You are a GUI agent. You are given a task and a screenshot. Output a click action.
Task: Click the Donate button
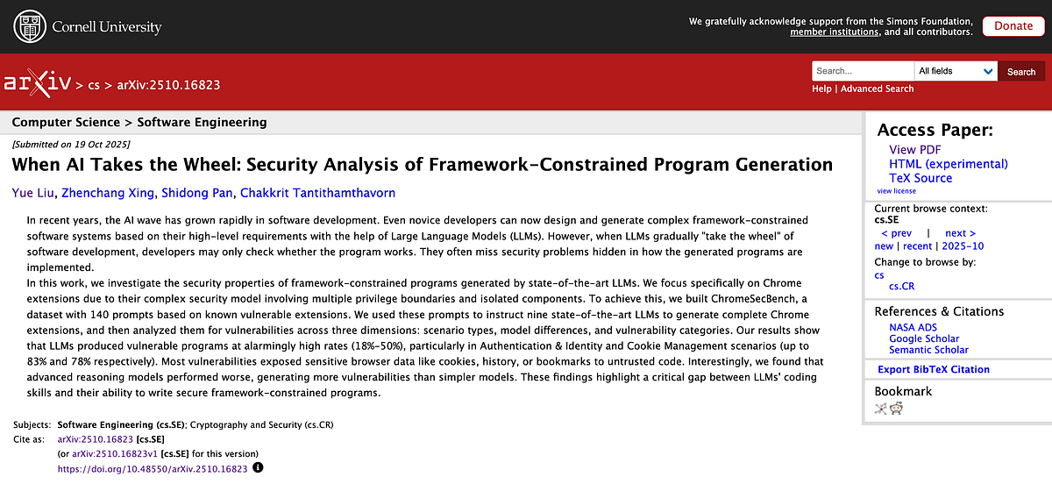coord(1013,26)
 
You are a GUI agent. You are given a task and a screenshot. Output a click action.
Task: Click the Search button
coord(1021,72)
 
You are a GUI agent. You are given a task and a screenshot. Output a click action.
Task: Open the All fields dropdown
coord(956,71)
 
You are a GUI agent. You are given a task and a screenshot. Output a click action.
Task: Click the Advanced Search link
coord(877,89)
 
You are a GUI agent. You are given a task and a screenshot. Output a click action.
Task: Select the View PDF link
coord(914,150)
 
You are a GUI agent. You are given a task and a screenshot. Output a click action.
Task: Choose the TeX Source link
coord(920,178)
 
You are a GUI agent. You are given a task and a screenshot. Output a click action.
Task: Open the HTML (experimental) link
coord(948,164)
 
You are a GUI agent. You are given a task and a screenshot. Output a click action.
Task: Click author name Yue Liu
coord(32,193)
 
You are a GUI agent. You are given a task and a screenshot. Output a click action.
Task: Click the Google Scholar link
coord(924,338)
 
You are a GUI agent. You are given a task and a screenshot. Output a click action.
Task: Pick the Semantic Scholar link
coord(929,350)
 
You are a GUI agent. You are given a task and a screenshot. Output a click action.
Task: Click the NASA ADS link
coord(913,328)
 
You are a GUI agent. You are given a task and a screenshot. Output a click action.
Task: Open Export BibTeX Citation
coord(934,370)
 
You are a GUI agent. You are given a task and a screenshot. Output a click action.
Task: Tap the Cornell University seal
coord(28,26)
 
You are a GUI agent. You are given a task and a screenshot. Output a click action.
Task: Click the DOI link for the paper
coord(152,469)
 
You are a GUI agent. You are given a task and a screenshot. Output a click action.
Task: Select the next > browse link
coord(961,233)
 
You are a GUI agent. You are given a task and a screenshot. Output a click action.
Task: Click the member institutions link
coord(834,32)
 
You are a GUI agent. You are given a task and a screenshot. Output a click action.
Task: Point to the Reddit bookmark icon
coord(896,409)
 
